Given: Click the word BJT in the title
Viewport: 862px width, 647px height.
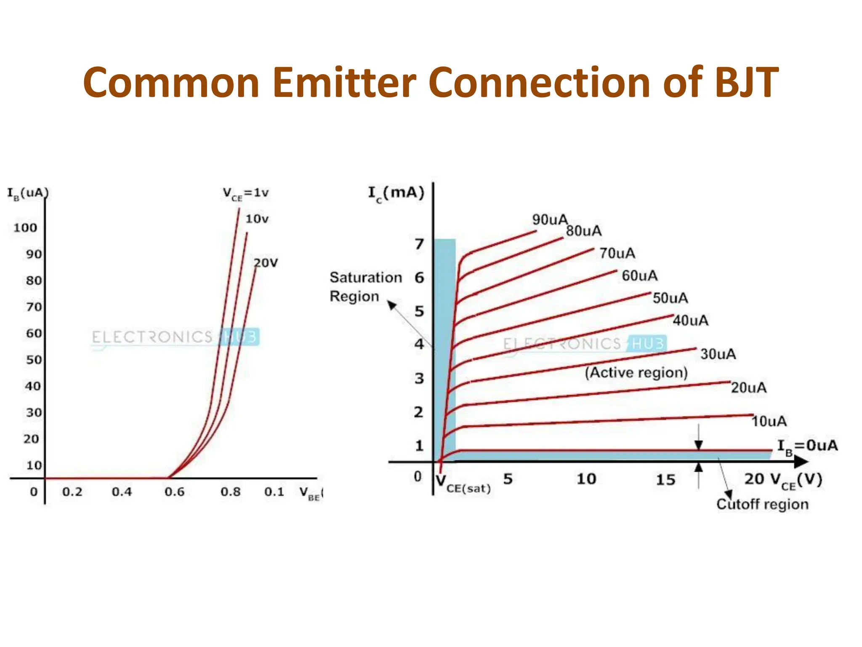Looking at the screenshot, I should click(746, 83).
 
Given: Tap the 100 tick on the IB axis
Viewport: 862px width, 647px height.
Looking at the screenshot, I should click(25, 228).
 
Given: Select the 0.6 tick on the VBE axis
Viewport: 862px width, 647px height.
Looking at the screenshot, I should click(174, 492).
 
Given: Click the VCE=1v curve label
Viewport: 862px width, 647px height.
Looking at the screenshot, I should click(245, 194).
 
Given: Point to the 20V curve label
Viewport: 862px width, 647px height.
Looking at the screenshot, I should click(266, 263).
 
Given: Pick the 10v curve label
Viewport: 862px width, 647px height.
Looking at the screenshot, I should click(257, 219).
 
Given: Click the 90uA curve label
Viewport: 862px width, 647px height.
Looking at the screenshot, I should click(550, 219).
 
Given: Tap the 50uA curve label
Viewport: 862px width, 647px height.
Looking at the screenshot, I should click(670, 298).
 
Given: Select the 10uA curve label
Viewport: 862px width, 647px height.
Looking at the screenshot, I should click(769, 421).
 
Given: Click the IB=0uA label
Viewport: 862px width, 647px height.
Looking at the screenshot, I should click(807, 446).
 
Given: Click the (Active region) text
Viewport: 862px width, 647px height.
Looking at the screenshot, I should click(636, 373).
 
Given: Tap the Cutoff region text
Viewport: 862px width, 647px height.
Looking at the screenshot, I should click(762, 504).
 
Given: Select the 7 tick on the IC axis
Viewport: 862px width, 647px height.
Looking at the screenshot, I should click(419, 244).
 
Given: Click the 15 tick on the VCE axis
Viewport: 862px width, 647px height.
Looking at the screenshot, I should click(665, 480).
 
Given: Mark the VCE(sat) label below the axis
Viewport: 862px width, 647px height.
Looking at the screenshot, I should click(463, 484).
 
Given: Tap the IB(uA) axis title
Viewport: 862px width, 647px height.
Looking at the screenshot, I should click(28, 193).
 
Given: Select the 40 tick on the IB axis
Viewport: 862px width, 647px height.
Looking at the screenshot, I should click(33, 386).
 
